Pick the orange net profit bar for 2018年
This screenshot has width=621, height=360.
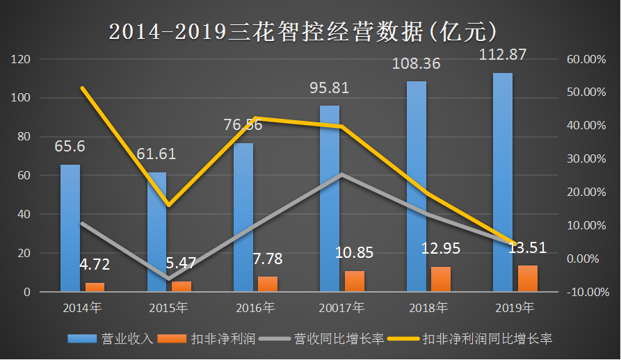441,279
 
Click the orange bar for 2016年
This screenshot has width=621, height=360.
268,284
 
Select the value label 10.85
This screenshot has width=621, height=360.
354,253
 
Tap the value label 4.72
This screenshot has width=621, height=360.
94,265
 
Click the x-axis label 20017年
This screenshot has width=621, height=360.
341,307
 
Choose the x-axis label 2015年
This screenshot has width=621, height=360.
168,307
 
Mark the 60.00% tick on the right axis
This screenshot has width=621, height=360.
586,60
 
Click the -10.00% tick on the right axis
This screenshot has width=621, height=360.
586,292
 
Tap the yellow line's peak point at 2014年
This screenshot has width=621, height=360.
82,88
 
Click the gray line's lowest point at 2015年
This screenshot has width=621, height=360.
168,279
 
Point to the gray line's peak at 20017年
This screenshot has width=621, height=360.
341,174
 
